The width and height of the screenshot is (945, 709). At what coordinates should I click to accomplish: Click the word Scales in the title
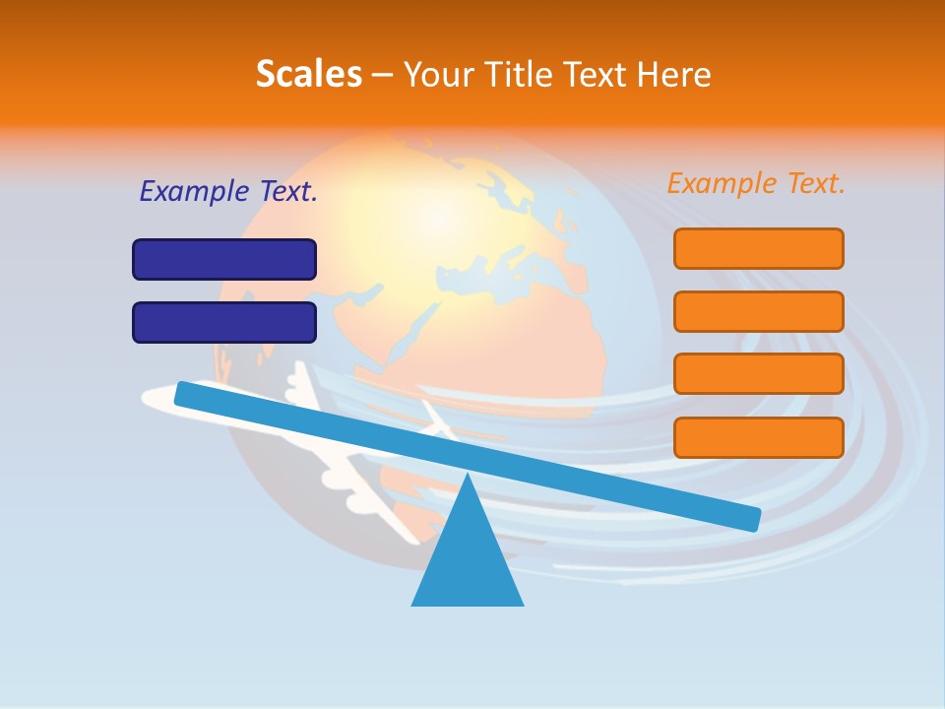point(308,75)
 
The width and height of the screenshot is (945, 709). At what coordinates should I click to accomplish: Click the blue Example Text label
point(228,191)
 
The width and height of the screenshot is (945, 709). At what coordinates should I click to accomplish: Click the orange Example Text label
point(756,183)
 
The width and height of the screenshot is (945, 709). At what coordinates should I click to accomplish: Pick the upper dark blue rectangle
point(224,259)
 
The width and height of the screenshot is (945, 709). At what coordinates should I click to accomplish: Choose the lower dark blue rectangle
point(224,322)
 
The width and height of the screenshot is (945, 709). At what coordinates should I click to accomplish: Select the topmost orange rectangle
point(758,248)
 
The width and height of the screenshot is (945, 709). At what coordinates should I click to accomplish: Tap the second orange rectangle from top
point(758,311)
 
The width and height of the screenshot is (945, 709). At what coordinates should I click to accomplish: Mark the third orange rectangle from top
point(758,374)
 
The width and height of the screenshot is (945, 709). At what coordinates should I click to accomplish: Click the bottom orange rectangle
point(758,437)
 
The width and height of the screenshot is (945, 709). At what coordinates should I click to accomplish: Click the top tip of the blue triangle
point(467,477)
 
